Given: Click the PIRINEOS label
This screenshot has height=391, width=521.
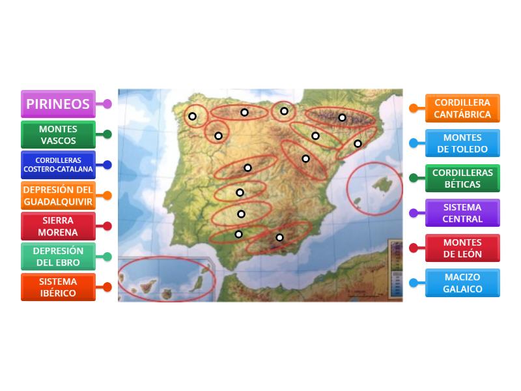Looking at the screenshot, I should point(57,104).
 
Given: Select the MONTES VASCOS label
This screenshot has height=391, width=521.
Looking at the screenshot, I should point(57,135).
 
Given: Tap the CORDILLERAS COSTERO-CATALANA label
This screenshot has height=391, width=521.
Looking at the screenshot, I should point(57,165).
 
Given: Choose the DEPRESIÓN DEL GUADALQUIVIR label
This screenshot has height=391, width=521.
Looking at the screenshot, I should point(57,195).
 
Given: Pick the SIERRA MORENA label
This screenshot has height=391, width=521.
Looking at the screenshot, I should point(57,226).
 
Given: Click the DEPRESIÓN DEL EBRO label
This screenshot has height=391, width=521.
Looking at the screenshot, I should point(57,257).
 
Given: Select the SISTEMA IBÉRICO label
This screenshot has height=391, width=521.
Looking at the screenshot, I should point(57,287).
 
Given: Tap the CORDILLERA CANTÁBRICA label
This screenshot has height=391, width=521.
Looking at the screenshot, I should point(462,108).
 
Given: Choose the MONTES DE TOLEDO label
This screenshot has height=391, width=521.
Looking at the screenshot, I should point(462,143).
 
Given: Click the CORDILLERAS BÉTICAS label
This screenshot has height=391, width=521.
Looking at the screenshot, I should point(462,178).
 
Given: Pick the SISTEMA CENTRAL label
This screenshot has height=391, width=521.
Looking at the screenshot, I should point(462,213).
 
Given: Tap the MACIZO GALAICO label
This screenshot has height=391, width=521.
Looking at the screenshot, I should point(462,283).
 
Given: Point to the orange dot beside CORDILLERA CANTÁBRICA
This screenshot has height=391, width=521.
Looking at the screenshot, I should point(414,108).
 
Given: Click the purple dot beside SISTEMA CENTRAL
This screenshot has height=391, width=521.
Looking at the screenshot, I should point(414,213).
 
